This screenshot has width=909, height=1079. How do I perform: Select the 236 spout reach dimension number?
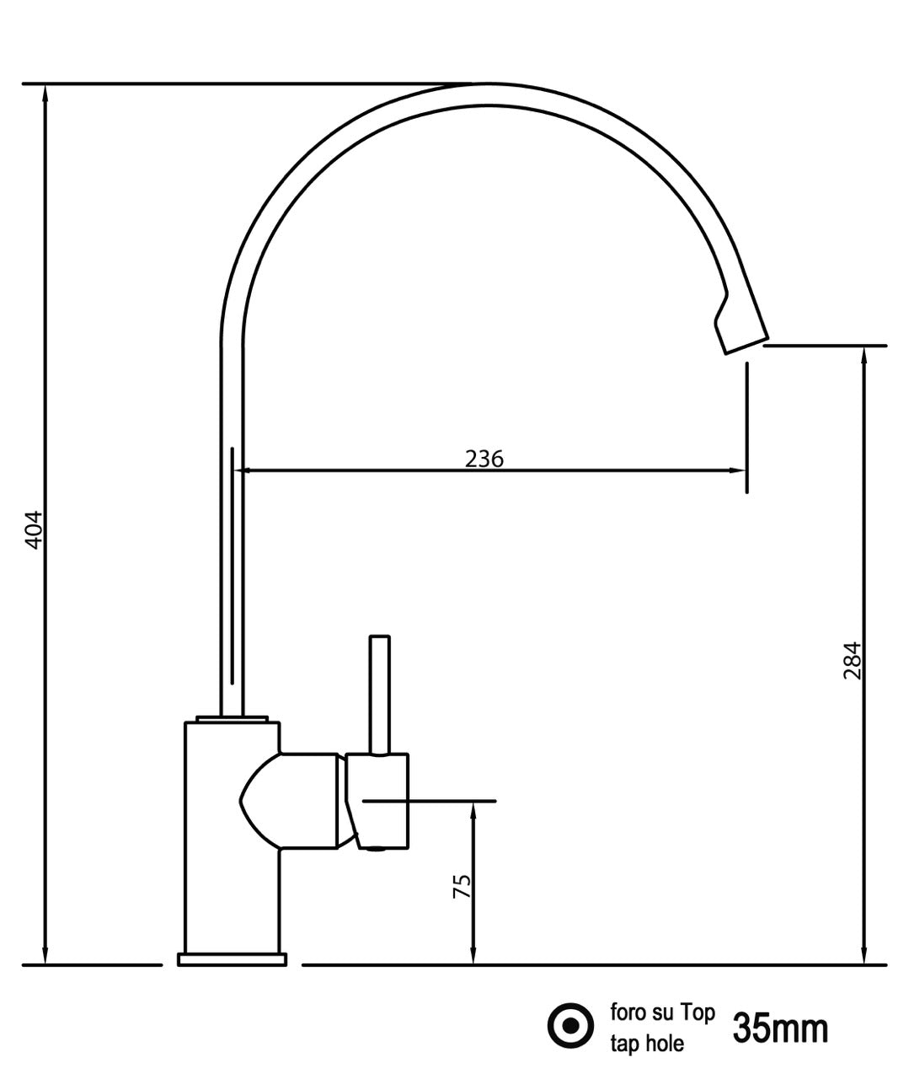click(484, 459)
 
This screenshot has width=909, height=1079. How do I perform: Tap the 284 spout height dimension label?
click(852, 662)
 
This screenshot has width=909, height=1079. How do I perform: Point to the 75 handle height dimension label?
click(462, 886)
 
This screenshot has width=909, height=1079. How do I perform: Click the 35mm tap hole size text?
click(780, 1028)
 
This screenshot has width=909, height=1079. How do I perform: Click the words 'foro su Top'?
click(661, 1012)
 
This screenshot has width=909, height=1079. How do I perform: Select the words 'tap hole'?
click(646, 1044)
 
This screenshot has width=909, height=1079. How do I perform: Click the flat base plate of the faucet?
click(232, 958)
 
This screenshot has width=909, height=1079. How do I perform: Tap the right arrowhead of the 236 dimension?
click(736, 470)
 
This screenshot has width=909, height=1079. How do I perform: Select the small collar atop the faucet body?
click(232, 719)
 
